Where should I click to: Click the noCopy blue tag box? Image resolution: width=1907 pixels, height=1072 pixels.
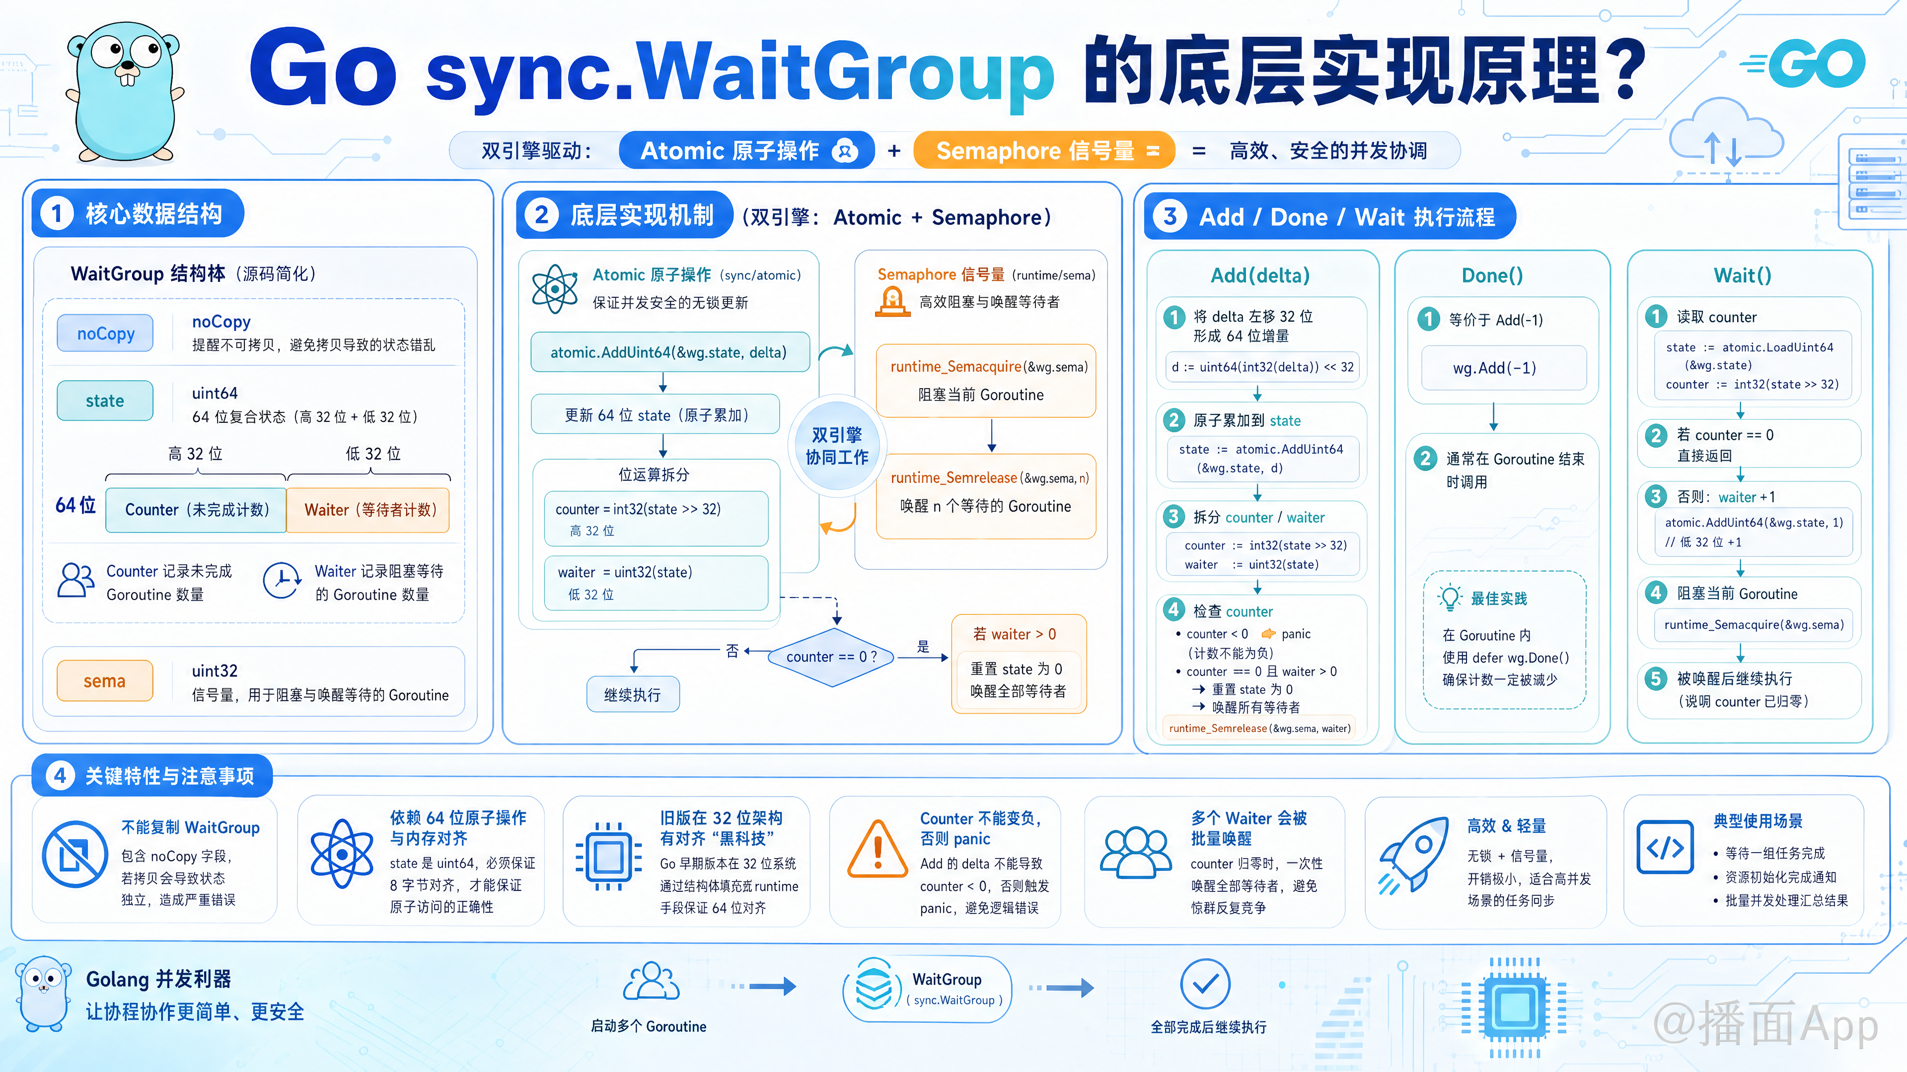(x=105, y=334)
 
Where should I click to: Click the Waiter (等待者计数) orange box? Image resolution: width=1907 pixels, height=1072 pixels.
(x=368, y=510)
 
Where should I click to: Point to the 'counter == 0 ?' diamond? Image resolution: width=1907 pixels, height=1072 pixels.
(x=832, y=657)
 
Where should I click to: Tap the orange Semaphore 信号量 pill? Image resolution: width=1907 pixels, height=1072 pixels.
(x=1044, y=151)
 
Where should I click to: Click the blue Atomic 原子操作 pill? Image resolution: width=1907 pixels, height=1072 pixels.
(x=747, y=151)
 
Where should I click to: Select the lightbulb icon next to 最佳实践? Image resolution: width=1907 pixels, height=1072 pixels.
(x=1449, y=598)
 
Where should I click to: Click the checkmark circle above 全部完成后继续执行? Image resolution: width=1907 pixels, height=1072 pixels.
(x=1205, y=984)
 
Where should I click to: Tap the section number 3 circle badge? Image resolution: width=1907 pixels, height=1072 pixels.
(x=1170, y=217)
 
